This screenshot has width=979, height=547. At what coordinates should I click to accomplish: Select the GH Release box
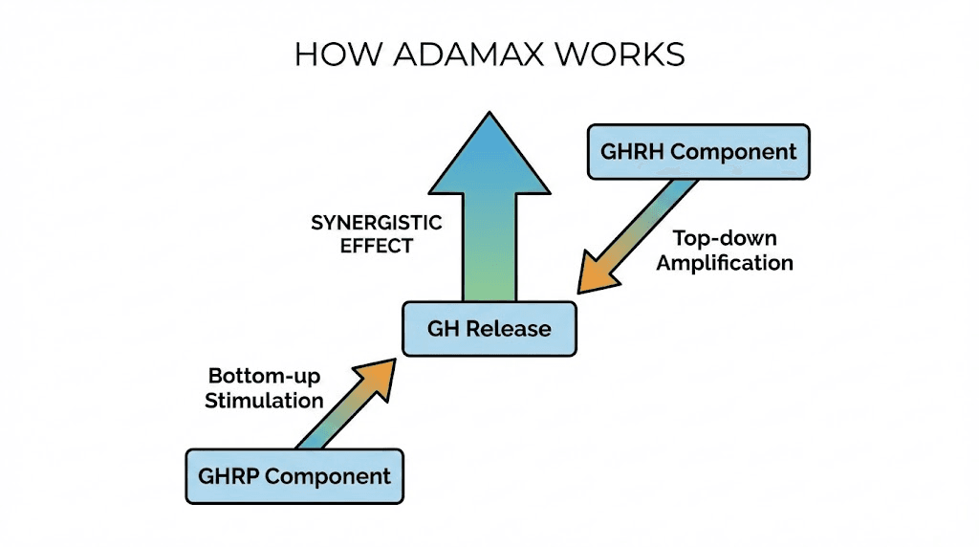489,329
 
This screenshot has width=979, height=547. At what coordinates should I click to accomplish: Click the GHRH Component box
698,151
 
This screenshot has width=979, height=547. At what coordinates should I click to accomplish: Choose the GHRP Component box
294,475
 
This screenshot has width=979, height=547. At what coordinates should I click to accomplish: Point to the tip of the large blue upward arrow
489,116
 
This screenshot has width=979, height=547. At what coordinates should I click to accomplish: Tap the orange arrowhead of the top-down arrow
595,273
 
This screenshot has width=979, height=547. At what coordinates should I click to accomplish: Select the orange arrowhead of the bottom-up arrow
381,374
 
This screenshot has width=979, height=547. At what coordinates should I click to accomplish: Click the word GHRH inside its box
632,151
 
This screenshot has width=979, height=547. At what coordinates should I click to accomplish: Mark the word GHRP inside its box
228,475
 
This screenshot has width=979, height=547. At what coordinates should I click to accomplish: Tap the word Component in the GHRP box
328,475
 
